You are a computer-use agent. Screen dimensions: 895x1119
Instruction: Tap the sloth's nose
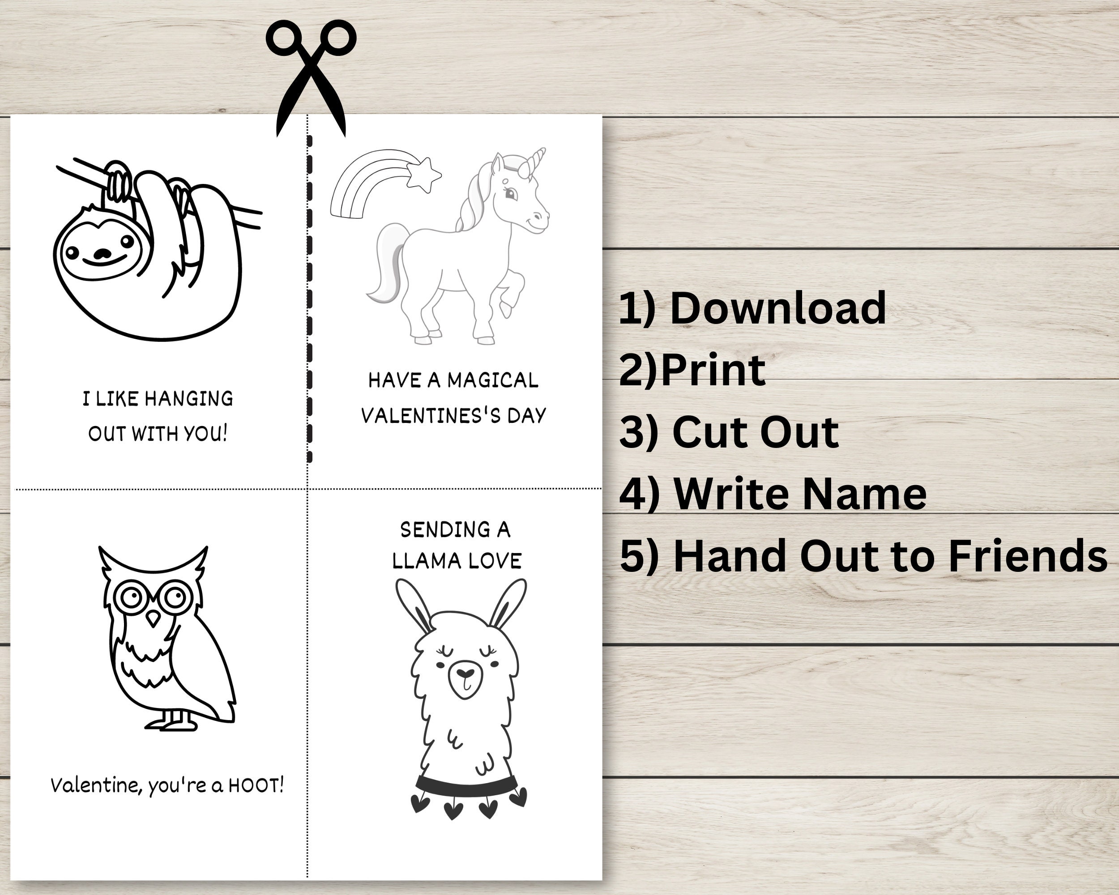tap(103, 254)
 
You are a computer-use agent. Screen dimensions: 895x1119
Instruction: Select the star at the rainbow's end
tap(424, 175)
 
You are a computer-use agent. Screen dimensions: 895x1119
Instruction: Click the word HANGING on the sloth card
tap(188, 398)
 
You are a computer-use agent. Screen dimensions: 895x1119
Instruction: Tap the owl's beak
tap(153, 618)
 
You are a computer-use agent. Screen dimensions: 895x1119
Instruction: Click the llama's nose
tap(465, 673)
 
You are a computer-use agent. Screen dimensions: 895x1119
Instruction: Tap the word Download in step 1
tap(777, 308)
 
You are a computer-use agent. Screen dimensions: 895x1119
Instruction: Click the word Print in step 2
tap(713, 370)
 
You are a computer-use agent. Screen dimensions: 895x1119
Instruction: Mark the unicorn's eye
tap(511, 195)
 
